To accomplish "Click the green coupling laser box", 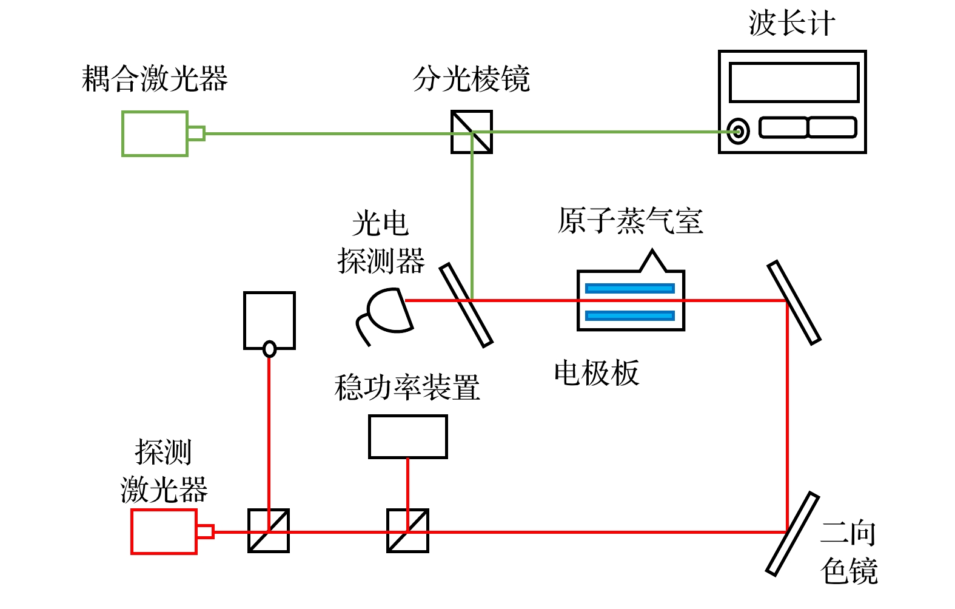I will coord(155,133).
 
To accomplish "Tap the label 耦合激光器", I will coord(155,79).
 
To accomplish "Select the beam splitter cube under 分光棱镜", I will coord(471,132).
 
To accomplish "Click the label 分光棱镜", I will coord(471,79).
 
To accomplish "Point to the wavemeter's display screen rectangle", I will coord(794,82).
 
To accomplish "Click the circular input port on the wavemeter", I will coord(738,131).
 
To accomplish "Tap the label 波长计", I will coord(791,24).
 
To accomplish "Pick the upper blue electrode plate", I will coord(630,288).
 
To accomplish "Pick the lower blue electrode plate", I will coord(630,315).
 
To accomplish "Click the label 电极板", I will coord(597,372).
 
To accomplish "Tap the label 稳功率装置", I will coord(407,387).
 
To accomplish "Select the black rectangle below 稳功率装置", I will coord(407,437).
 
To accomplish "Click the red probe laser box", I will coord(164,532).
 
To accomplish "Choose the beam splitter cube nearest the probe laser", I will coord(268,531).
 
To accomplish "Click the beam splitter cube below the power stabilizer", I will coord(407,531).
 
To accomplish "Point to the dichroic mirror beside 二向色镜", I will coord(792,534).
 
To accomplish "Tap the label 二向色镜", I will coord(849,552).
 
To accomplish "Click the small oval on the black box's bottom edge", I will coord(269,349).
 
